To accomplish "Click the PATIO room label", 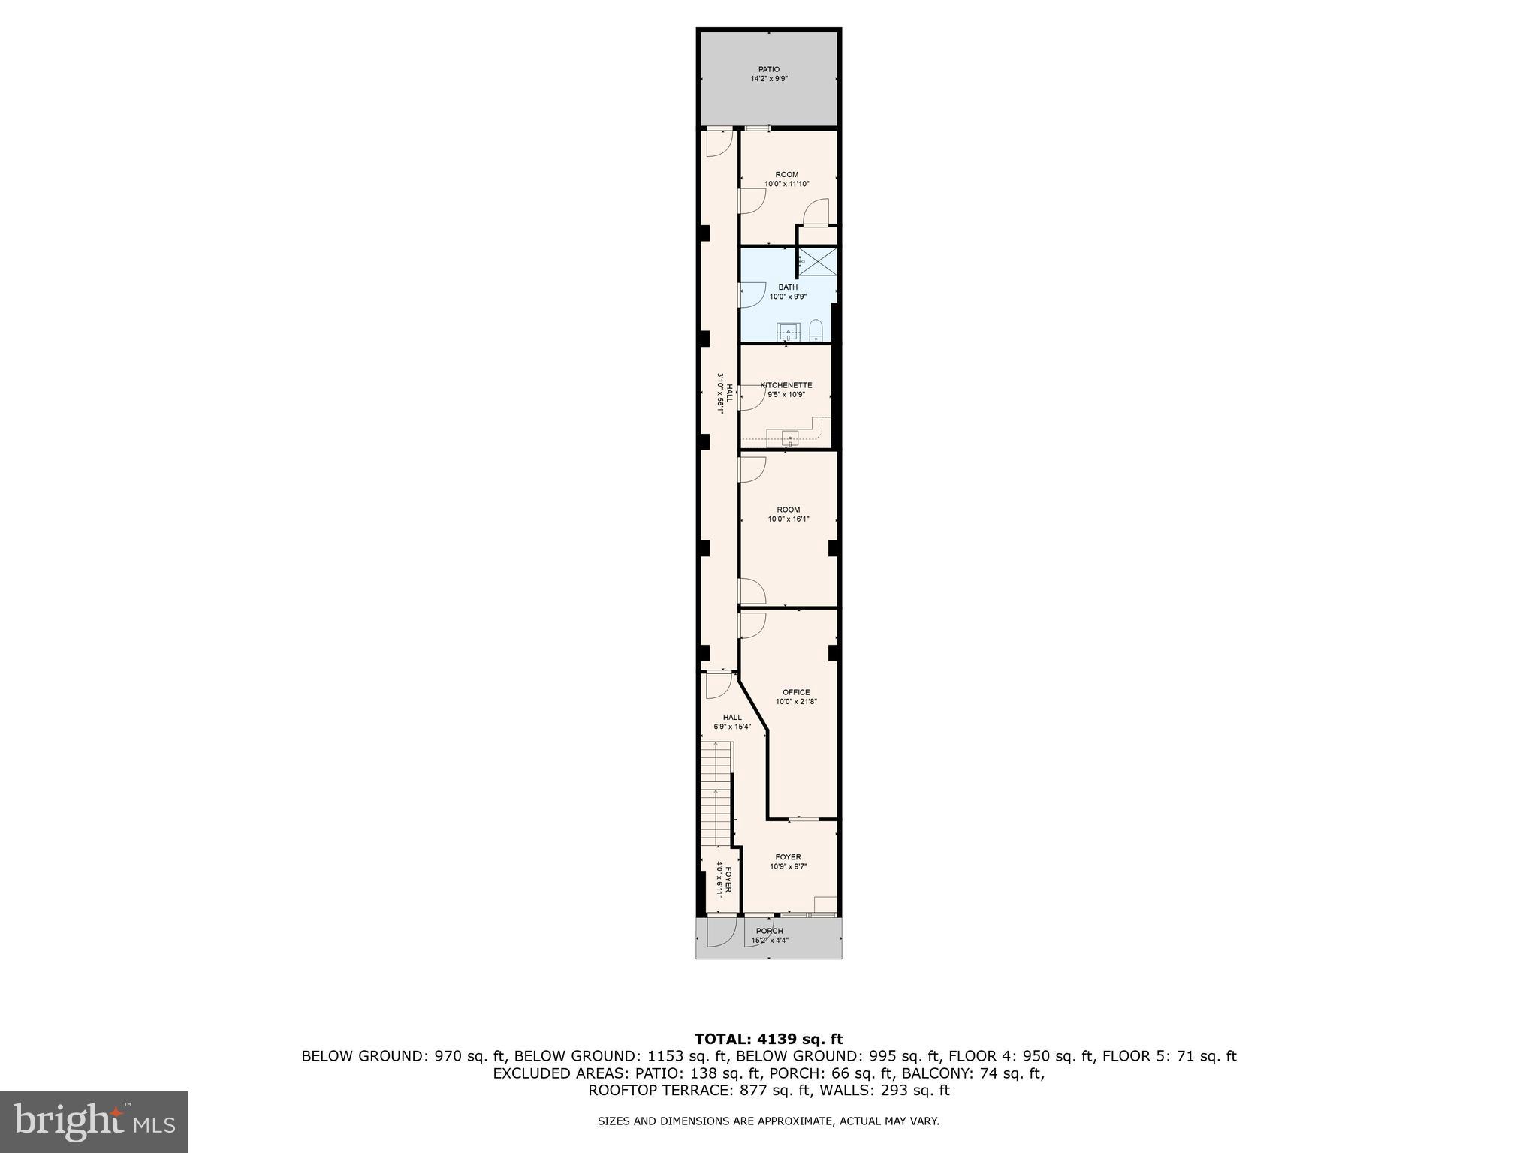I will point(768,74).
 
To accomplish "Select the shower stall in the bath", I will point(818,262).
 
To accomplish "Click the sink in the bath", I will point(788,331).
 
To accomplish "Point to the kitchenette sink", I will point(789,437).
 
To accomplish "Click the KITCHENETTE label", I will point(786,385).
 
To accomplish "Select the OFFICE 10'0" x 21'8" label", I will point(795,697).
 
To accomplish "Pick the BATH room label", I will point(788,291).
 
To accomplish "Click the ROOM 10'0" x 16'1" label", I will point(788,514).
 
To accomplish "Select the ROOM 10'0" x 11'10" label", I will point(787,179).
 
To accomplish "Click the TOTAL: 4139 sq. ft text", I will point(768,1039).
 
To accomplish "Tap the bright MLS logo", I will point(93,1121).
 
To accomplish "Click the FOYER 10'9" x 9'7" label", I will point(788,861).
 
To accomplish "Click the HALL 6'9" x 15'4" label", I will point(731,721).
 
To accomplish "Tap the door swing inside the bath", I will point(751,295).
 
